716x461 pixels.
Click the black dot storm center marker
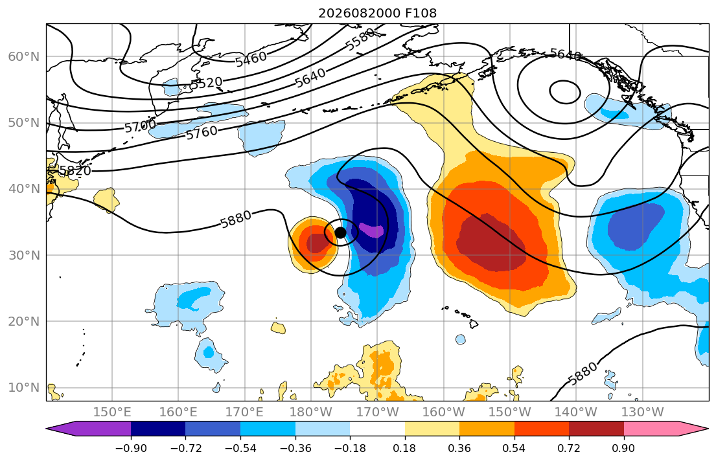pyautogui.click(x=340, y=232)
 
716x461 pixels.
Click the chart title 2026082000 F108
pyautogui.click(x=377, y=13)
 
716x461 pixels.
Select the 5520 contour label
pyautogui.click(x=206, y=83)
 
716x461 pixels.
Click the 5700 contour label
pyautogui.click(x=140, y=126)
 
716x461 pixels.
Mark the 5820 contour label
pyautogui.click(x=75, y=171)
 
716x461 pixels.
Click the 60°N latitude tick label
pyautogui.click(x=24, y=56)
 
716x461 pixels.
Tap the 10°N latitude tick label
pyautogui.click(x=24, y=388)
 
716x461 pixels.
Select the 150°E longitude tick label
pyautogui.click(x=112, y=412)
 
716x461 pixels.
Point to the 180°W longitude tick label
pyautogui.click(x=311, y=412)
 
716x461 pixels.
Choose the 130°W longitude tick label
pyautogui.click(x=643, y=412)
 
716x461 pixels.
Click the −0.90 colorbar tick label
pyautogui.click(x=131, y=448)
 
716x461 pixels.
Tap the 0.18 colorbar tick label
pyautogui.click(x=404, y=448)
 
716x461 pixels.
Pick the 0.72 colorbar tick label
pyautogui.click(x=569, y=448)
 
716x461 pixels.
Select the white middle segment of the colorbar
pyautogui.click(x=377, y=429)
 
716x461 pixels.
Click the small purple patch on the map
pyautogui.click(x=371, y=230)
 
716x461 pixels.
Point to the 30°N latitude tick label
pyautogui.click(x=24, y=255)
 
